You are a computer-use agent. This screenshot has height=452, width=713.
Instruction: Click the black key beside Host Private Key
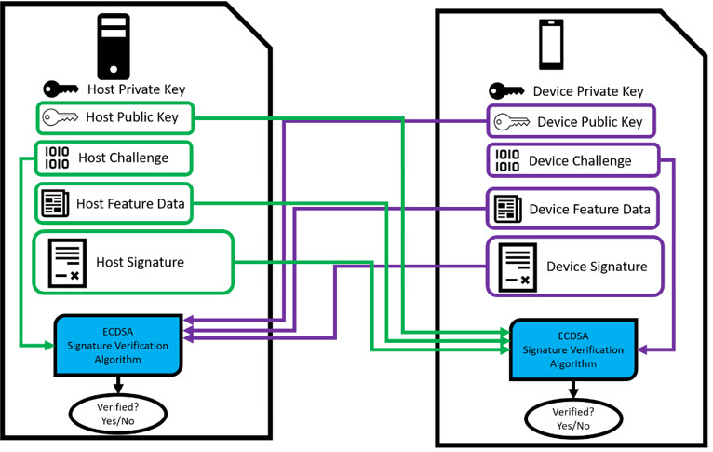pyautogui.click(x=62, y=89)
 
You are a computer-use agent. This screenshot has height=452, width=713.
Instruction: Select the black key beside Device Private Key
pyautogui.click(x=507, y=91)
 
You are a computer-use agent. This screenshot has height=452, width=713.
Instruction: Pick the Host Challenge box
pyautogui.click(x=114, y=158)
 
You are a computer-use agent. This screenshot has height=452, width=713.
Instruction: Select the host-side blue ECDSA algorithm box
pyautogui.click(x=117, y=345)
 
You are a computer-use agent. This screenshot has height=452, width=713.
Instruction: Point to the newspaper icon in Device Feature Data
pyautogui.click(x=508, y=209)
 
